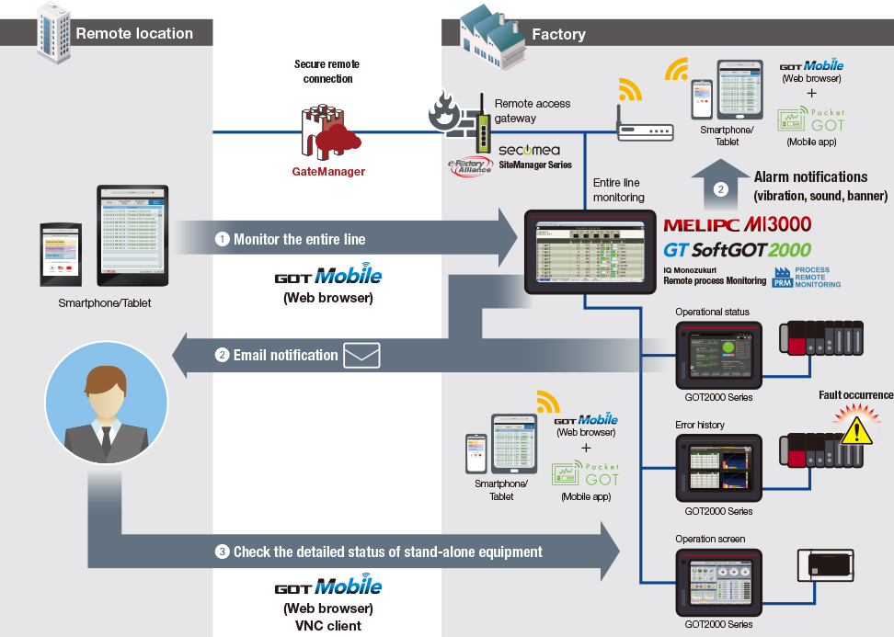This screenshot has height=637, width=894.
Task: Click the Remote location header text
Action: pyautogui.click(x=134, y=34)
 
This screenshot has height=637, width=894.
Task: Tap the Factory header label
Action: pyautogui.click(x=558, y=34)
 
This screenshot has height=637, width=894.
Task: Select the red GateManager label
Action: pyautogui.click(x=328, y=171)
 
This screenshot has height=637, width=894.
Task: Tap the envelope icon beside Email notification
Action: pyautogui.click(x=361, y=355)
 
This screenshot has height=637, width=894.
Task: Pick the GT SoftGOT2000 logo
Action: pyautogui.click(x=738, y=249)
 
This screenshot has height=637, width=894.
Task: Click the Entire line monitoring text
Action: pyautogui.click(x=617, y=189)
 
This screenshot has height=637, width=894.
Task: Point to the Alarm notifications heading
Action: pyautogui.click(x=810, y=176)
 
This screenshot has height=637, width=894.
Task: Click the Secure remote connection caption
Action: pyautogui.click(x=327, y=72)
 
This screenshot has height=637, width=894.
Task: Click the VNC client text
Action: pyautogui.click(x=328, y=626)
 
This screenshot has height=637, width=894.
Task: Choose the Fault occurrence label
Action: pyautogui.click(x=855, y=395)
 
